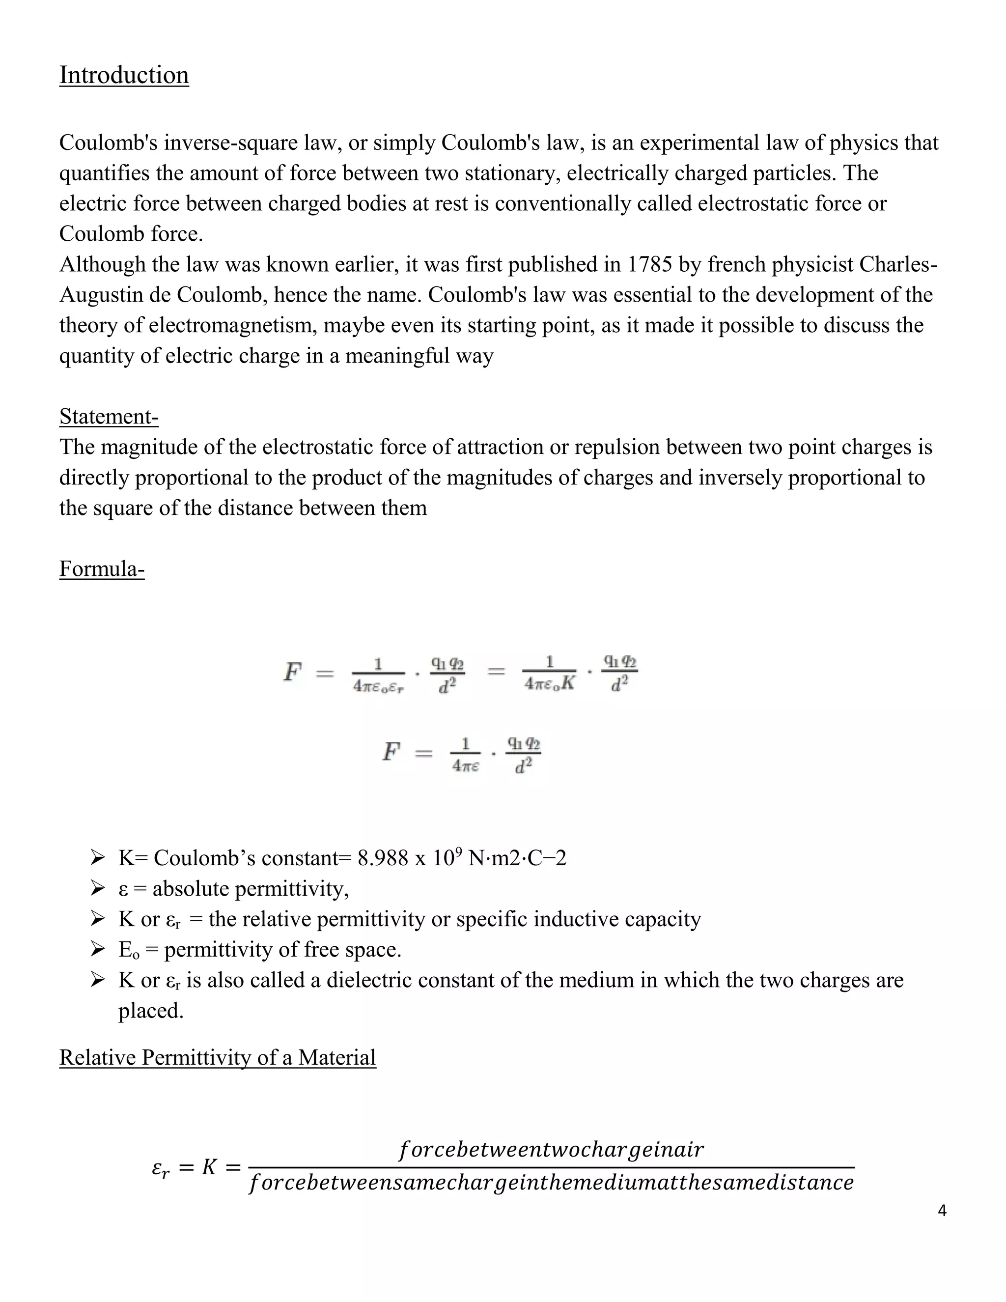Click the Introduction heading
coord(124,75)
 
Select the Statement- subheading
coord(109,416)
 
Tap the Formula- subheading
coord(102,569)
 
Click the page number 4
coord(942,1211)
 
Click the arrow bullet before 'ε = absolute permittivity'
coord(97,889)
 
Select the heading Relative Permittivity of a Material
coord(218,1058)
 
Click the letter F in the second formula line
coord(391,752)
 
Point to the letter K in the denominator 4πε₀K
coord(567,683)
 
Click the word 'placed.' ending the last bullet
coord(150,1011)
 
